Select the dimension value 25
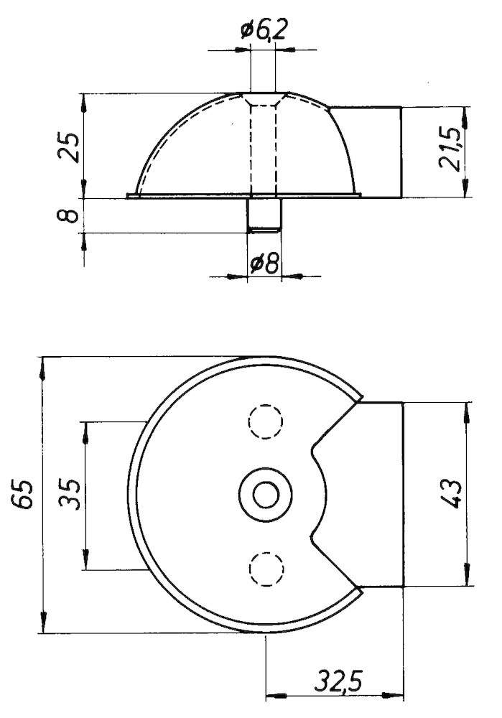point(70,147)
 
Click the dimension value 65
point(23,494)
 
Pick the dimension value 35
point(70,495)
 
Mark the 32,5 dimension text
point(338,682)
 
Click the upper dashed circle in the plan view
point(265,421)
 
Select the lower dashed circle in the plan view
point(266,569)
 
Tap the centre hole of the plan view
point(266,495)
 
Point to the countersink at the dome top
point(264,98)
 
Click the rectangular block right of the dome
point(366,152)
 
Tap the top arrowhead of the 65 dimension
point(44,368)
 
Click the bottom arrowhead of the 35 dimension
point(85,559)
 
